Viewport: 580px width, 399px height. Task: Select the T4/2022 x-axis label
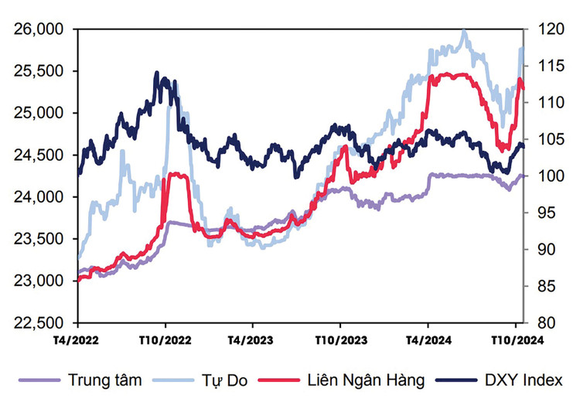pos(77,340)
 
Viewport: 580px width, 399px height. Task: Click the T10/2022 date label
pos(165,340)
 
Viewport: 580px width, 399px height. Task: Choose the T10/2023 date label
pos(339,340)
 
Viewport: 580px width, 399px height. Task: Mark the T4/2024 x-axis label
pos(428,340)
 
